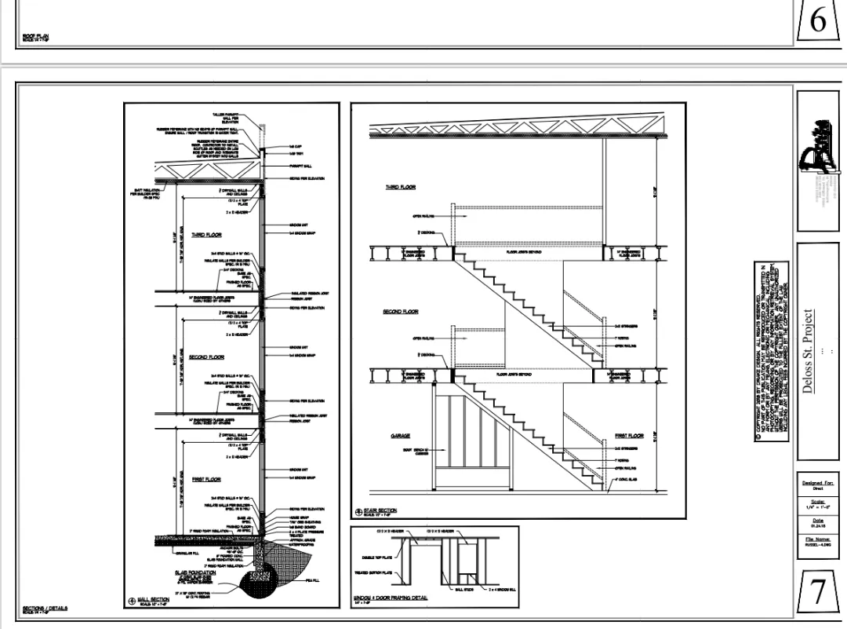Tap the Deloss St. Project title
808,350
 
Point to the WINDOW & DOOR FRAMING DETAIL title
391,598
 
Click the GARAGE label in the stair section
401,435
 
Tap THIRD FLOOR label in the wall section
206,235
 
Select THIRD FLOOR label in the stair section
400,188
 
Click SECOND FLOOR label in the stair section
400,312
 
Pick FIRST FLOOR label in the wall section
206,479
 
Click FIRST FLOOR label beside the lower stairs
629,435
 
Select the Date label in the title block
818,520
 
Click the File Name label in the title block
818,539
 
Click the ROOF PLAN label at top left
36,35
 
